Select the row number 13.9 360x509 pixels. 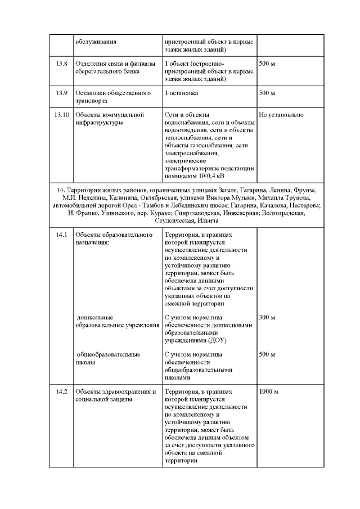(61, 93)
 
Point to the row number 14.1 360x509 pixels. (61, 234)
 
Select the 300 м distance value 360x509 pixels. (267, 318)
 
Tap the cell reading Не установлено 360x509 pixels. (281, 115)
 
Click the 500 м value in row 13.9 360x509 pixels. (267, 93)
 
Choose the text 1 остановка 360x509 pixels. (182, 93)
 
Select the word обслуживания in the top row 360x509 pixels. (96, 42)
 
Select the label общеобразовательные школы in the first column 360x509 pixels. (107, 358)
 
